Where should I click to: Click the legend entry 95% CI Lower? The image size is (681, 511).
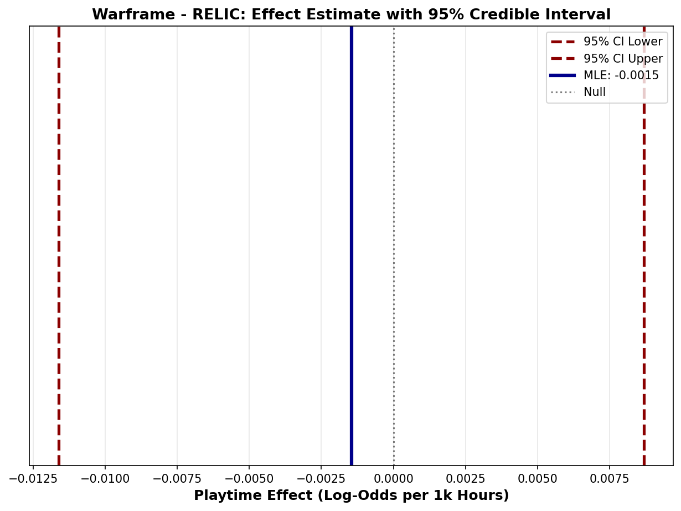click(622, 42)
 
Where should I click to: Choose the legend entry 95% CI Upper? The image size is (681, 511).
click(622, 59)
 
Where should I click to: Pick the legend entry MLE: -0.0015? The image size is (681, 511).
click(621, 75)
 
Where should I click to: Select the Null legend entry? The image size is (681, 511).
click(594, 92)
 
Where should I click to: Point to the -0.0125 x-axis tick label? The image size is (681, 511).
click(33, 478)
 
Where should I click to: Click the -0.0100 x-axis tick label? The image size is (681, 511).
click(105, 478)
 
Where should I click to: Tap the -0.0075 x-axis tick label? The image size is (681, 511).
click(177, 478)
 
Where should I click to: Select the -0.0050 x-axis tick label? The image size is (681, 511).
click(249, 478)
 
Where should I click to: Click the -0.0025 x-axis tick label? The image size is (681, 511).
click(321, 478)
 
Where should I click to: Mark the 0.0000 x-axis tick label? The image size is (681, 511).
click(394, 478)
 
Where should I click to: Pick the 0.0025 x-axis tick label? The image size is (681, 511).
click(466, 478)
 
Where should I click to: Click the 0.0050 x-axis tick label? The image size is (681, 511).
click(538, 478)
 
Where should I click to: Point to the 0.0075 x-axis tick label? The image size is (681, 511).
click(610, 478)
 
